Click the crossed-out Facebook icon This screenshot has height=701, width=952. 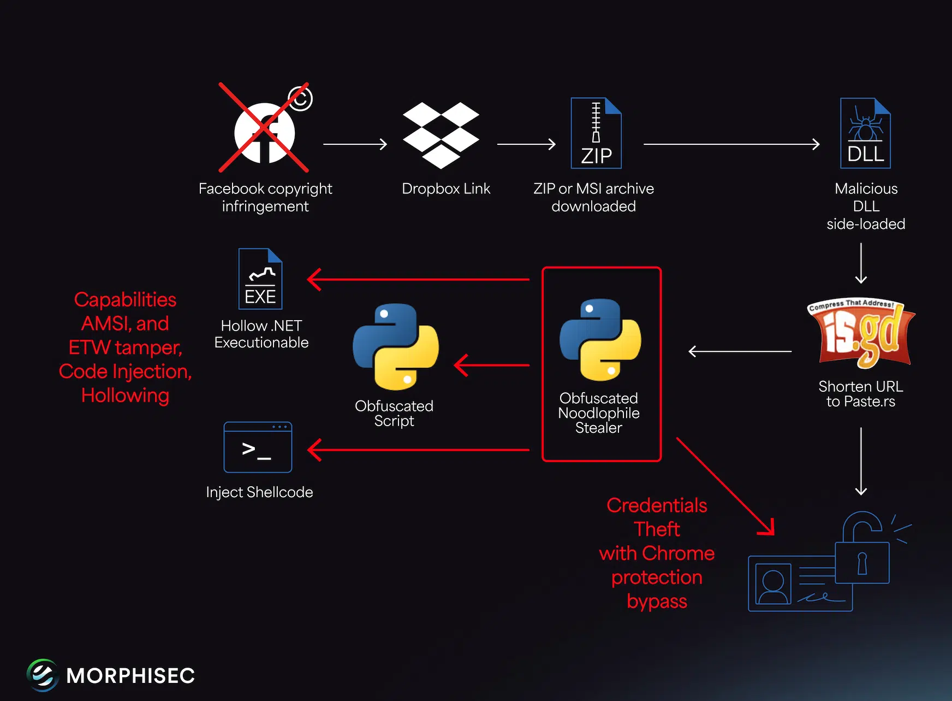[264, 132]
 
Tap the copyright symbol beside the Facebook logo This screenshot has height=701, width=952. [300, 99]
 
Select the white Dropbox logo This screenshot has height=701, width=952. [441, 134]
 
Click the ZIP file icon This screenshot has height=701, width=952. [596, 133]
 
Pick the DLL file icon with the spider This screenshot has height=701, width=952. [865, 133]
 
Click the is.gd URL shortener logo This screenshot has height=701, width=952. [861, 333]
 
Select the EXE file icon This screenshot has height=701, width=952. [260, 279]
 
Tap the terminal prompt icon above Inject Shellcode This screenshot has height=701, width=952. [258, 447]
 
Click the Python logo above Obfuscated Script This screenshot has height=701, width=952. [395, 346]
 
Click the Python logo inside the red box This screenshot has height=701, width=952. [600, 339]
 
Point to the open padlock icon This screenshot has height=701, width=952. [862, 549]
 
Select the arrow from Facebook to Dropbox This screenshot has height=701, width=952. [355, 144]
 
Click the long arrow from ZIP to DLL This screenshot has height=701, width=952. [731, 144]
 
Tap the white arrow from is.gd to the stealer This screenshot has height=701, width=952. [740, 351]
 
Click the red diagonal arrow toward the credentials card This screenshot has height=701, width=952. [725, 486]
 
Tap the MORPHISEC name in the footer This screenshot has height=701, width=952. [130, 676]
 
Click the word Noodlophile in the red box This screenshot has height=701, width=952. [598, 413]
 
